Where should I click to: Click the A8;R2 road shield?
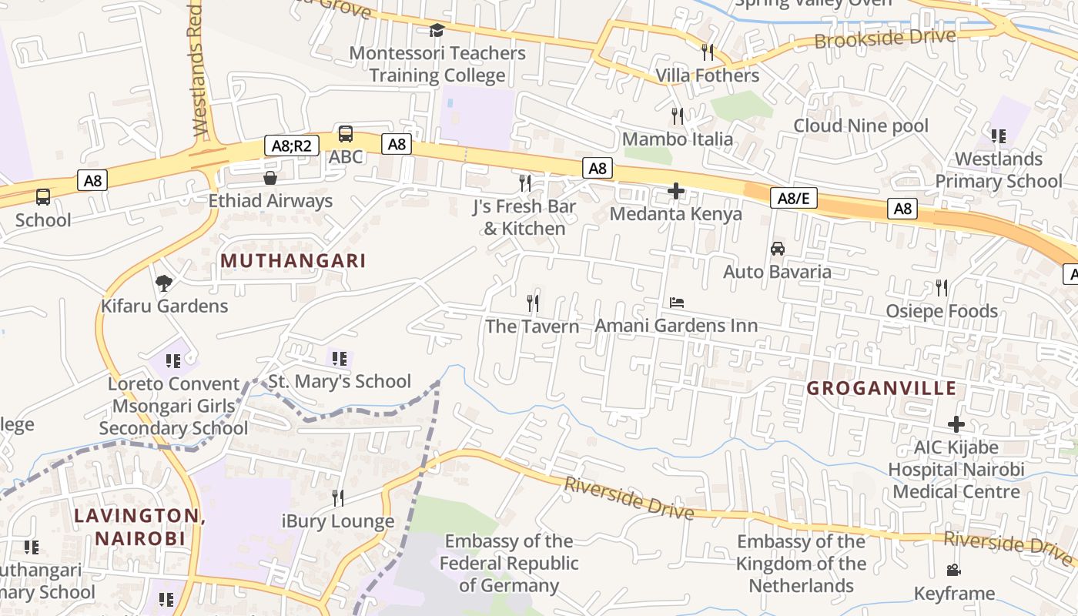(291, 146)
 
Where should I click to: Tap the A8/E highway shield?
(793, 199)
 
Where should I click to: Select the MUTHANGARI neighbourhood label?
(293, 260)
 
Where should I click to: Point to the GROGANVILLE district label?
(882, 389)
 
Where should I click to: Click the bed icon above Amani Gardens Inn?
(677, 303)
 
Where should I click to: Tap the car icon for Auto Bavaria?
(778, 249)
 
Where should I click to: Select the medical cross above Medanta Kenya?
(676, 191)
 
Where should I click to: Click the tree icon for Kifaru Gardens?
(163, 283)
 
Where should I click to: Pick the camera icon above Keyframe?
(954, 571)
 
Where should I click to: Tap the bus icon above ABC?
(346, 134)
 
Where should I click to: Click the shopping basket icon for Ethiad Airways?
(270, 179)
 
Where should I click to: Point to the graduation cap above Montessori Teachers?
(437, 31)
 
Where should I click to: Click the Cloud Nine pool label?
(861, 126)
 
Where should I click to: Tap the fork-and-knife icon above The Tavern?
(532, 303)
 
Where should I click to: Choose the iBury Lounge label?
(338, 521)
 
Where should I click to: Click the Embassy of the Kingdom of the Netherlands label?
(801, 564)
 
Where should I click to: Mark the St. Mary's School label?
(340, 381)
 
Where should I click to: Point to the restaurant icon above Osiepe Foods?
(942, 288)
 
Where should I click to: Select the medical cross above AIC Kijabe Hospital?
(956, 424)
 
